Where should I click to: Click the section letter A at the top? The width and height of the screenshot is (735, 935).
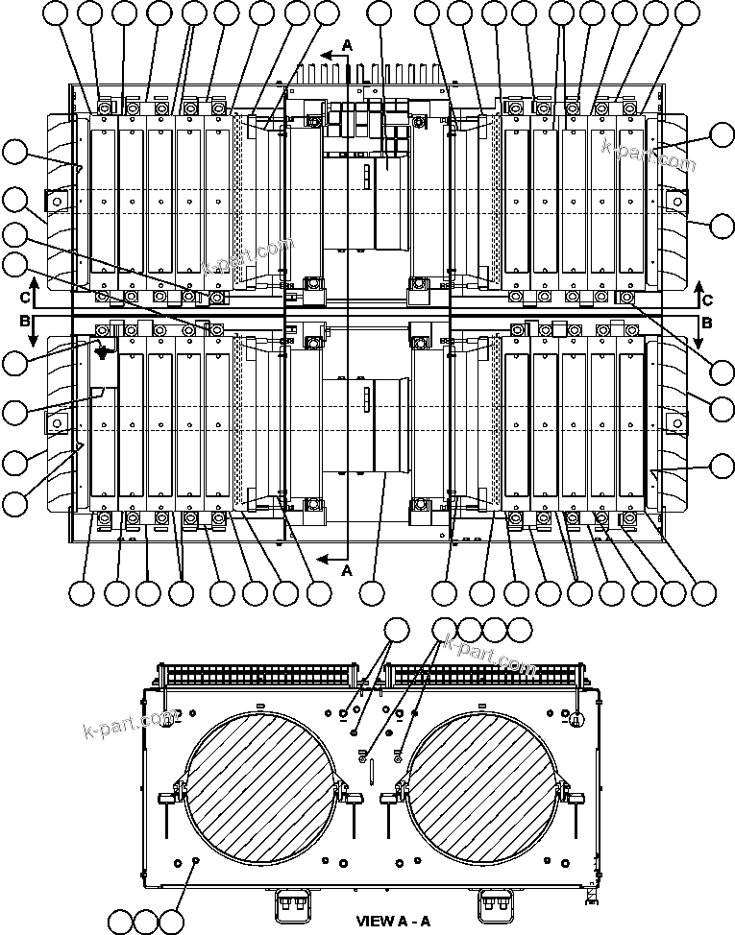348,44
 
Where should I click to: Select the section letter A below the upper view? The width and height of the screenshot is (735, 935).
348,569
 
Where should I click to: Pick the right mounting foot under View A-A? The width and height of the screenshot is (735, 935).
496,903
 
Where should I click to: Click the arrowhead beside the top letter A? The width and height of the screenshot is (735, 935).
327,57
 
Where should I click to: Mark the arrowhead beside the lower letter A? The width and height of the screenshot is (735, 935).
327,556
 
